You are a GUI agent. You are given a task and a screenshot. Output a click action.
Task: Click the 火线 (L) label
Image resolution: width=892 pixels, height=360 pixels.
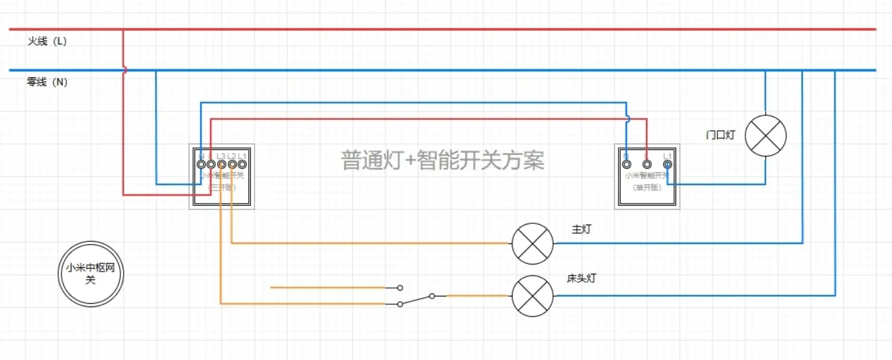[46, 41]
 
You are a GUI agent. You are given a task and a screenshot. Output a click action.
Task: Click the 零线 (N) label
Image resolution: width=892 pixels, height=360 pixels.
[46, 82]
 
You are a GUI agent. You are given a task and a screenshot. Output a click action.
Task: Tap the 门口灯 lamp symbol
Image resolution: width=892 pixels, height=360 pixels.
[766, 136]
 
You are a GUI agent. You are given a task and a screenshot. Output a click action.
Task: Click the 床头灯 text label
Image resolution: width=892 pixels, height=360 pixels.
[582, 278]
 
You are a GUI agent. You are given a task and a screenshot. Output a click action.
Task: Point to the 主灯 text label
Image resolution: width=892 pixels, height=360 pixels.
[582, 230]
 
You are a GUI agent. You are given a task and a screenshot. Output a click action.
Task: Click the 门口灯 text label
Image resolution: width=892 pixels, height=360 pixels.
[721, 135]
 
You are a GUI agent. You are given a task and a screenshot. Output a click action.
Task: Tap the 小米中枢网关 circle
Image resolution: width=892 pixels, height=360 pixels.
[90, 274]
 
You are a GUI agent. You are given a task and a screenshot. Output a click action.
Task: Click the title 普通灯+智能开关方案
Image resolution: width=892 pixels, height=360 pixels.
[442, 160]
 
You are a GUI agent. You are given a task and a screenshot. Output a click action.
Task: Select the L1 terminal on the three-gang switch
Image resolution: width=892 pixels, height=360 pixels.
[242, 164]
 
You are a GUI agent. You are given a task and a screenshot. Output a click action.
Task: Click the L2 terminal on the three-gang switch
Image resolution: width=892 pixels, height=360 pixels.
[232, 164]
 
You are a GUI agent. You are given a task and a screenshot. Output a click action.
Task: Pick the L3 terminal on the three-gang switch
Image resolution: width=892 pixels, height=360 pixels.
[222, 164]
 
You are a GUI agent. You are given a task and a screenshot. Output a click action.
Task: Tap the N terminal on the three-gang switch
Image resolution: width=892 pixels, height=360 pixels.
[202, 164]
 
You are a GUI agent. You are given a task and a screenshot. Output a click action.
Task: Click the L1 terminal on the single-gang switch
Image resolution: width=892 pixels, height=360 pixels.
[667, 164]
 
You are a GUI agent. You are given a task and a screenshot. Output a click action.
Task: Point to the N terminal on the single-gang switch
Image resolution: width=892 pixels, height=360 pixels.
[626, 164]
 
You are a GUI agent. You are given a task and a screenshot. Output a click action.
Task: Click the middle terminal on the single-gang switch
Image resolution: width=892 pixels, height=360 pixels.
[647, 164]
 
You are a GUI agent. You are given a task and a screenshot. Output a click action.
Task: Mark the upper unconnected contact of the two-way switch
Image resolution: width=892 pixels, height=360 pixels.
[400, 287]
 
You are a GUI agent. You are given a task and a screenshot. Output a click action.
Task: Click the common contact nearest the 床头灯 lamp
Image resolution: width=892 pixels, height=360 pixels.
[432, 296]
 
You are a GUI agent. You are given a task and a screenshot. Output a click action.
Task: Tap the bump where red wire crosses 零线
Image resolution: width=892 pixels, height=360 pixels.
[124, 70]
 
